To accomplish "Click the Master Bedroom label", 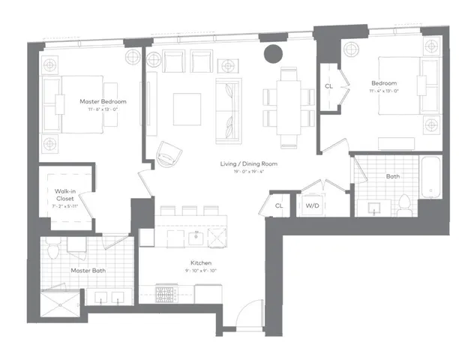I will point(103,101).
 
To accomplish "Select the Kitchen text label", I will point(200,263).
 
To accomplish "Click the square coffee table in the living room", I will point(187,109).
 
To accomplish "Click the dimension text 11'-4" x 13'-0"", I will point(387,91).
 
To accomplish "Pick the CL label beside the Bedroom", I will point(328,86).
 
